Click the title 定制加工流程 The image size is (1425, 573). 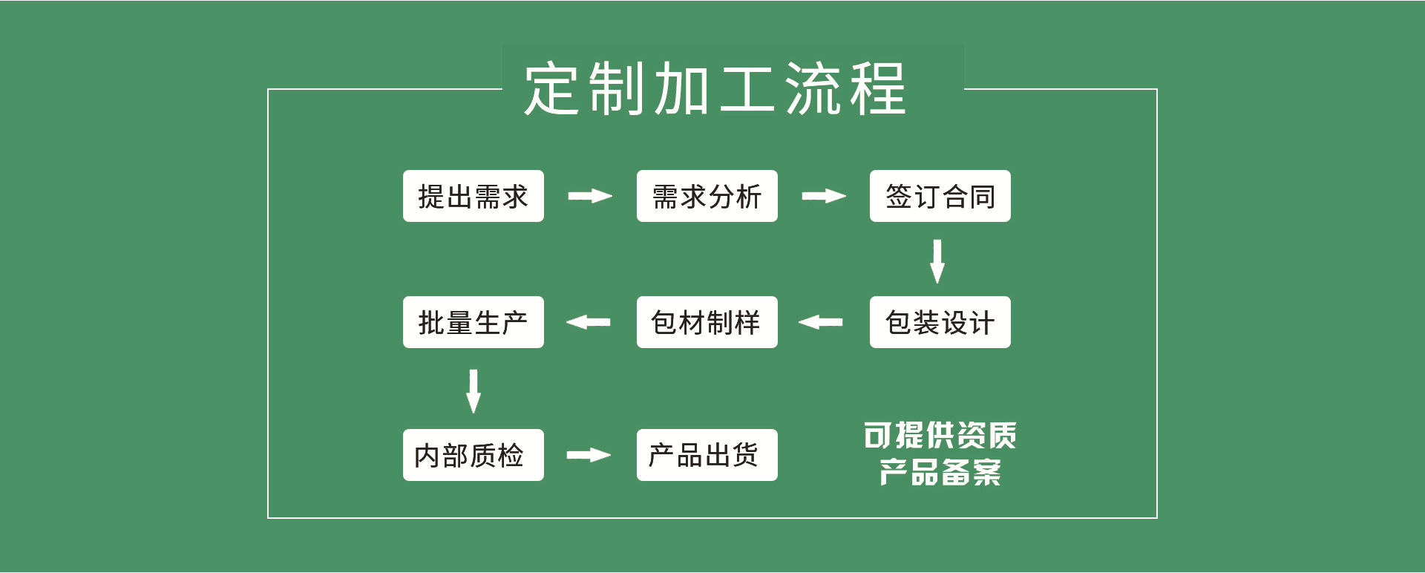tap(715, 89)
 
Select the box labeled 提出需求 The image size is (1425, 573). tap(473, 197)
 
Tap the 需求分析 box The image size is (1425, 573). tap(707, 197)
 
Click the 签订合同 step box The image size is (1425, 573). tap(940, 197)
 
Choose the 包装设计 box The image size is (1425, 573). tap(940, 322)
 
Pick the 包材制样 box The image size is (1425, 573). tap(707, 322)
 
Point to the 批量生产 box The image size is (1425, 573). tap(473, 322)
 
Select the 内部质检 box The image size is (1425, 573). tap(473, 455)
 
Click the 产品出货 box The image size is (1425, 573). tap(707, 455)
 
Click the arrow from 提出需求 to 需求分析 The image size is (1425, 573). tap(590, 196)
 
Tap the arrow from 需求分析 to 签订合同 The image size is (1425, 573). tap(824, 196)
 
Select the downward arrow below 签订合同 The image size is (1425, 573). tap(937, 261)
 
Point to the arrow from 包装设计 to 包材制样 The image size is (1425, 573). tap(821, 322)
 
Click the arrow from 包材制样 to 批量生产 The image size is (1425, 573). tap(589, 322)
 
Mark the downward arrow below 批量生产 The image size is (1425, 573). tap(474, 390)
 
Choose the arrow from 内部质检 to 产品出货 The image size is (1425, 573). tap(589, 455)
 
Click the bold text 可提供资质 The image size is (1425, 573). tap(940, 436)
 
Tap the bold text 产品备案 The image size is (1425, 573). tap(940, 472)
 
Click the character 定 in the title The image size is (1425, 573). tap(551, 89)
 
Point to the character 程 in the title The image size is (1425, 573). tap(878, 89)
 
